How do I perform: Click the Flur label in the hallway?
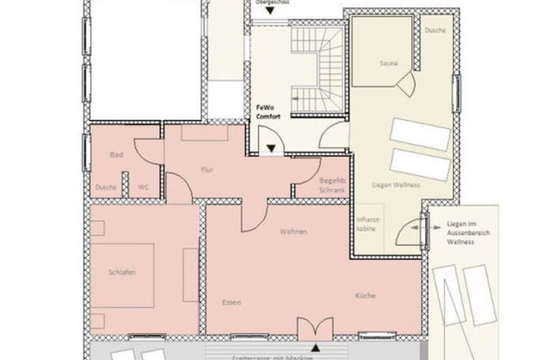coord(206,170)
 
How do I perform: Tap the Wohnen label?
coord(292,232)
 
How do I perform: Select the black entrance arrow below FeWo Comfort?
coord(272,148)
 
